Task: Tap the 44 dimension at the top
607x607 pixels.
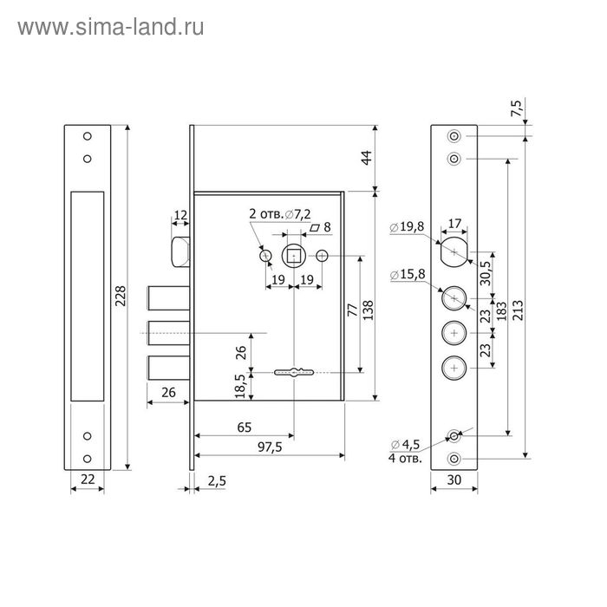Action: tap(366, 158)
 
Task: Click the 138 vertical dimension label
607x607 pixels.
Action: tap(366, 310)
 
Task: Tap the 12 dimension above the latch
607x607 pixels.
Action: tap(179, 215)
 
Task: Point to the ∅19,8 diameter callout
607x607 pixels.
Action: tap(407, 227)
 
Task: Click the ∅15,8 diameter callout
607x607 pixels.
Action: tap(407, 276)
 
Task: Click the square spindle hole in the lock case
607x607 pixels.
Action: tap(294, 256)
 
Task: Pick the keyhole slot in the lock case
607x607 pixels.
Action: tap(294, 373)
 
